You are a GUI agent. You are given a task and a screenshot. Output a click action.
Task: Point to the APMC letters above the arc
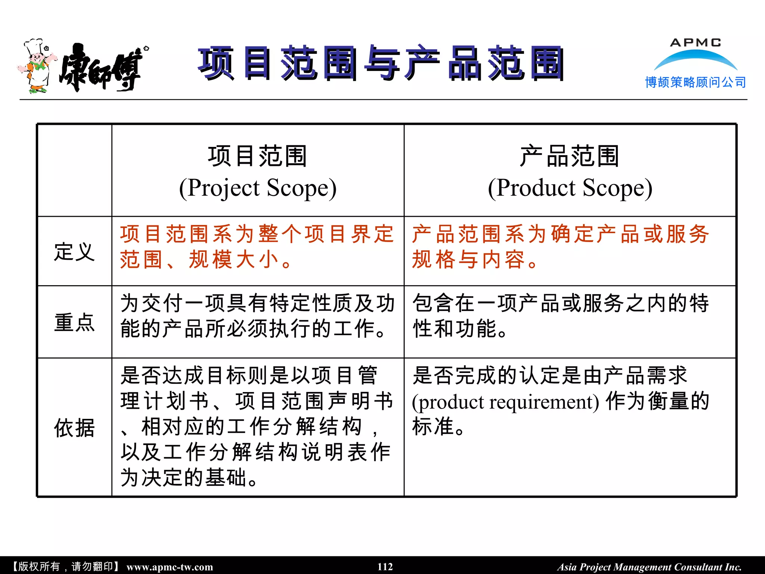pyautogui.click(x=696, y=43)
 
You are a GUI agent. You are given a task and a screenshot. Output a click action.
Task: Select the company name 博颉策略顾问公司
pyautogui.click(x=696, y=82)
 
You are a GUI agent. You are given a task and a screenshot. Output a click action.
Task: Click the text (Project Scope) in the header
pyautogui.click(x=258, y=188)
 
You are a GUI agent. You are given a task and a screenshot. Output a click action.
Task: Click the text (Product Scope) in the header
pyautogui.click(x=570, y=188)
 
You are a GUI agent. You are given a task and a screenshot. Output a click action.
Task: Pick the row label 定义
pyautogui.click(x=74, y=251)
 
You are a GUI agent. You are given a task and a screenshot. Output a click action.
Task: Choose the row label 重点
pyautogui.click(x=74, y=323)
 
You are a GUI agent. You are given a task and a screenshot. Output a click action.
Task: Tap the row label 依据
pyautogui.click(x=74, y=428)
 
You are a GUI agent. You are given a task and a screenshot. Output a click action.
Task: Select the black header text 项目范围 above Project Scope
pyautogui.click(x=258, y=156)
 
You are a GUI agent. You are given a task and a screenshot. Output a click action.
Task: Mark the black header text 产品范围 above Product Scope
pyautogui.click(x=570, y=156)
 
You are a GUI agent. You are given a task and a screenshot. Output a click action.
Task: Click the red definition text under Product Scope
pyautogui.click(x=560, y=247)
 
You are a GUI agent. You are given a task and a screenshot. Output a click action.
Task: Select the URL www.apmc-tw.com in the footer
pyautogui.click(x=170, y=567)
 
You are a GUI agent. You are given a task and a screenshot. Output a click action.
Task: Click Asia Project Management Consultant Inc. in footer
pyautogui.click(x=649, y=567)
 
